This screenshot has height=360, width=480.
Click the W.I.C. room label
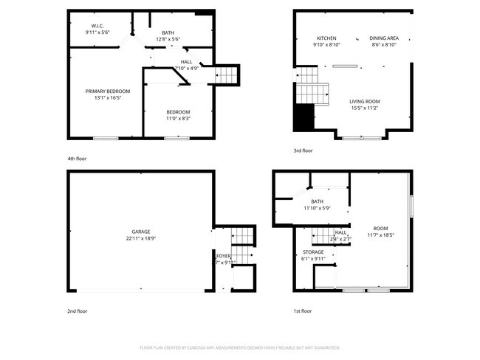97,26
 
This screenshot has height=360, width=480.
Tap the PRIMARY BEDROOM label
103,91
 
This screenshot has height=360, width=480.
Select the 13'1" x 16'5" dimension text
103,98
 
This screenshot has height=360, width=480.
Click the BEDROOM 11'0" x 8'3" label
177,111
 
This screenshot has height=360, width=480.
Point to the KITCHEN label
326,38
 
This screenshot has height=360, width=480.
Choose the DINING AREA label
384,38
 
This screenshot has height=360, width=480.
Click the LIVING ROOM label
365,101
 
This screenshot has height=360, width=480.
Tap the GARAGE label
141,232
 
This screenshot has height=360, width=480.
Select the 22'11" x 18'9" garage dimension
141,238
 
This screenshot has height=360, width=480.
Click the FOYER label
224,255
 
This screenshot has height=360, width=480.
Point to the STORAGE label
313,252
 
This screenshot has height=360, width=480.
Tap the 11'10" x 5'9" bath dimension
317,208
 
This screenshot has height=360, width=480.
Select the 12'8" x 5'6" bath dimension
169,38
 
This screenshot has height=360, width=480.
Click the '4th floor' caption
77,159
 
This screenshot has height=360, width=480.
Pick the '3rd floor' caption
303,150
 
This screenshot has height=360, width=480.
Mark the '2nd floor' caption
77,311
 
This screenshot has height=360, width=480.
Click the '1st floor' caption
301,311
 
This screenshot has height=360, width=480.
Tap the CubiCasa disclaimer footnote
239,347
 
